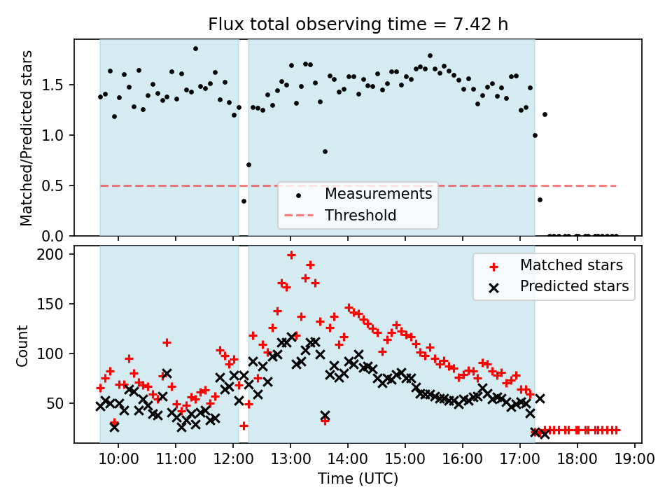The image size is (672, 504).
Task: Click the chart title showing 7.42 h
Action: [x=358, y=24]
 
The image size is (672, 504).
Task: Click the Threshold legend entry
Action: [x=360, y=216]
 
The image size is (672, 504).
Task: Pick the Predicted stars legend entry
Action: [x=574, y=286]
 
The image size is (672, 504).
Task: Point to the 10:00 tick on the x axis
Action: [x=118, y=460]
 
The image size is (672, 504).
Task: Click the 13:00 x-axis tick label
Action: [x=290, y=460]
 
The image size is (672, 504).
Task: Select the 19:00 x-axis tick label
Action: [x=634, y=460]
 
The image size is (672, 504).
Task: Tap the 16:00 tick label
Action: [x=462, y=460]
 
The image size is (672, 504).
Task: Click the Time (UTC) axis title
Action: [x=358, y=479]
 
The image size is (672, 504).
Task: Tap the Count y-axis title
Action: [x=23, y=345]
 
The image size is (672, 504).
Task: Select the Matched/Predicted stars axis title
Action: [x=27, y=138]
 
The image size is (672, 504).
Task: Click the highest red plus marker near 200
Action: [x=291, y=255]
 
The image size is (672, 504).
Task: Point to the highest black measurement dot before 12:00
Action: [x=195, y=49]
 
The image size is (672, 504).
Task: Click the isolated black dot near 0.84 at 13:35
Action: [x=325, y=151]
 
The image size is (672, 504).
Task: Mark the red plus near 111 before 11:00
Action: [x=167, y=342]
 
